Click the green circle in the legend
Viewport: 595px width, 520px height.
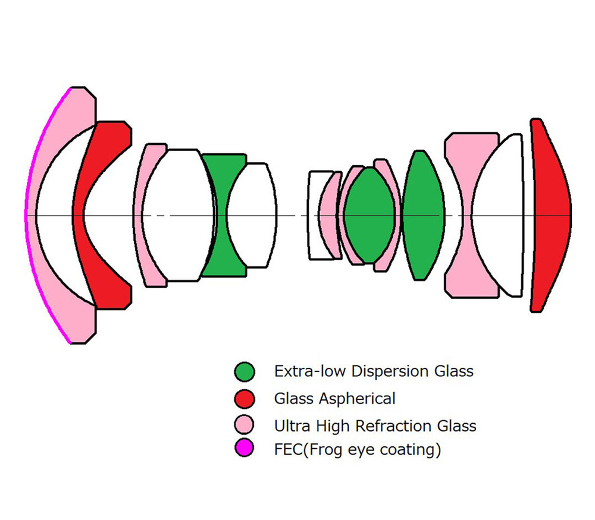pyautogui.click(x=245, y=371)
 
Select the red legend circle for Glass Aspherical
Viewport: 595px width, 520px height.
pyautogui.click(x=245, y=399)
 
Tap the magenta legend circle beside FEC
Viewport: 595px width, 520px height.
pyautogui.click(x=245, y=447)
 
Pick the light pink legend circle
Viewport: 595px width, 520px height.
pyautogui.click(x=245, y=424)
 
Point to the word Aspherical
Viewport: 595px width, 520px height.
pyautogui.click(x=357, y=399)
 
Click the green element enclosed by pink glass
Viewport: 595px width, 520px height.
pyautogui.click(x=369, y=215)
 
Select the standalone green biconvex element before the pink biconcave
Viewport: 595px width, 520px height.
pyautogui.click(x=422, y=215)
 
